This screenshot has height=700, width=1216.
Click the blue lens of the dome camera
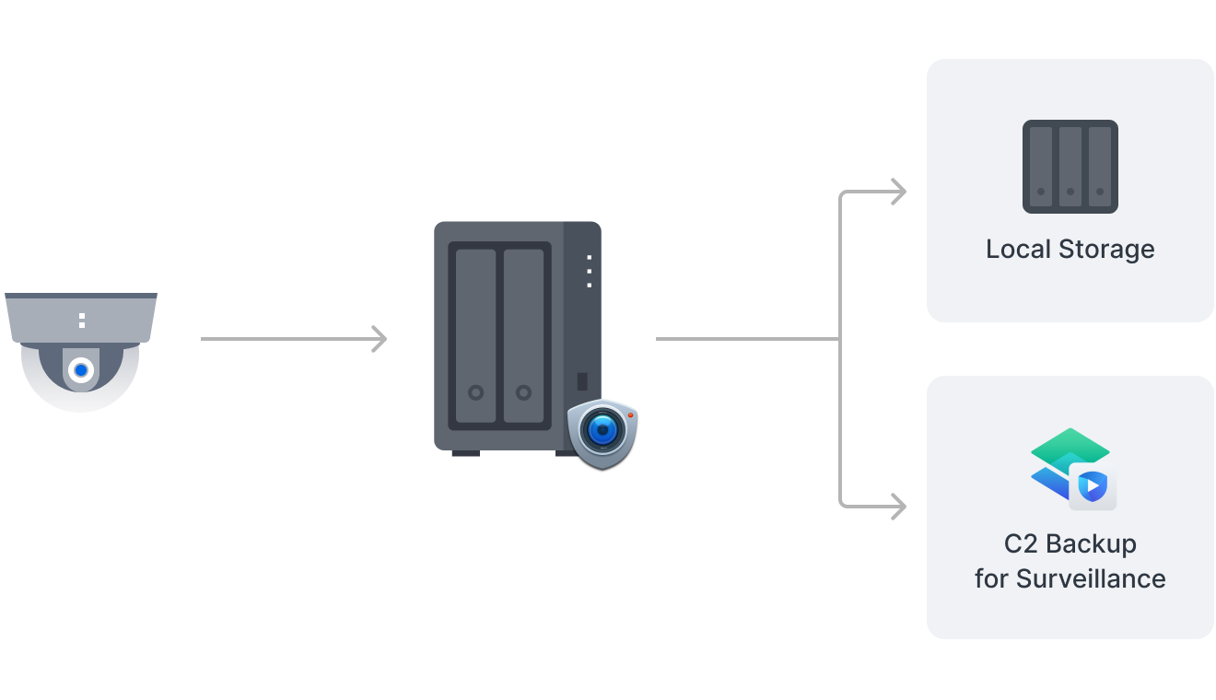(81, 370)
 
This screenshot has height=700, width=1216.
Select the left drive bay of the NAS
(475, 335)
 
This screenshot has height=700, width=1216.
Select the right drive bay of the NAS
(523, 335)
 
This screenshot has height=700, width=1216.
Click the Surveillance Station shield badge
(602, 432)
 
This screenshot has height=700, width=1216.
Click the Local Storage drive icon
(1070, 167)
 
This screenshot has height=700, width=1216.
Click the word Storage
(1107, 250)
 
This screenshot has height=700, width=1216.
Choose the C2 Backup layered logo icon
(1072, 469)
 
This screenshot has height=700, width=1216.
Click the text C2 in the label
(1021, 543)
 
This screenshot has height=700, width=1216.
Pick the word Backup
(1092, 543)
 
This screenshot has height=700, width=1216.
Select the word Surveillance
(1091, 578)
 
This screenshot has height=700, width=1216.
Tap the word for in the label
(991, 578)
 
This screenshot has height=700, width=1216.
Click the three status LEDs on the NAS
(590, 272)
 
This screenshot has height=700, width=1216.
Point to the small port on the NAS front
(582, 380)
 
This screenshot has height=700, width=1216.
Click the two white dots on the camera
(82, 320)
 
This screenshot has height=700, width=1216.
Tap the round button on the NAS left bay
(475, 392)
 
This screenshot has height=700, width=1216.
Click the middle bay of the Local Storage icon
(1070, 166)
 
